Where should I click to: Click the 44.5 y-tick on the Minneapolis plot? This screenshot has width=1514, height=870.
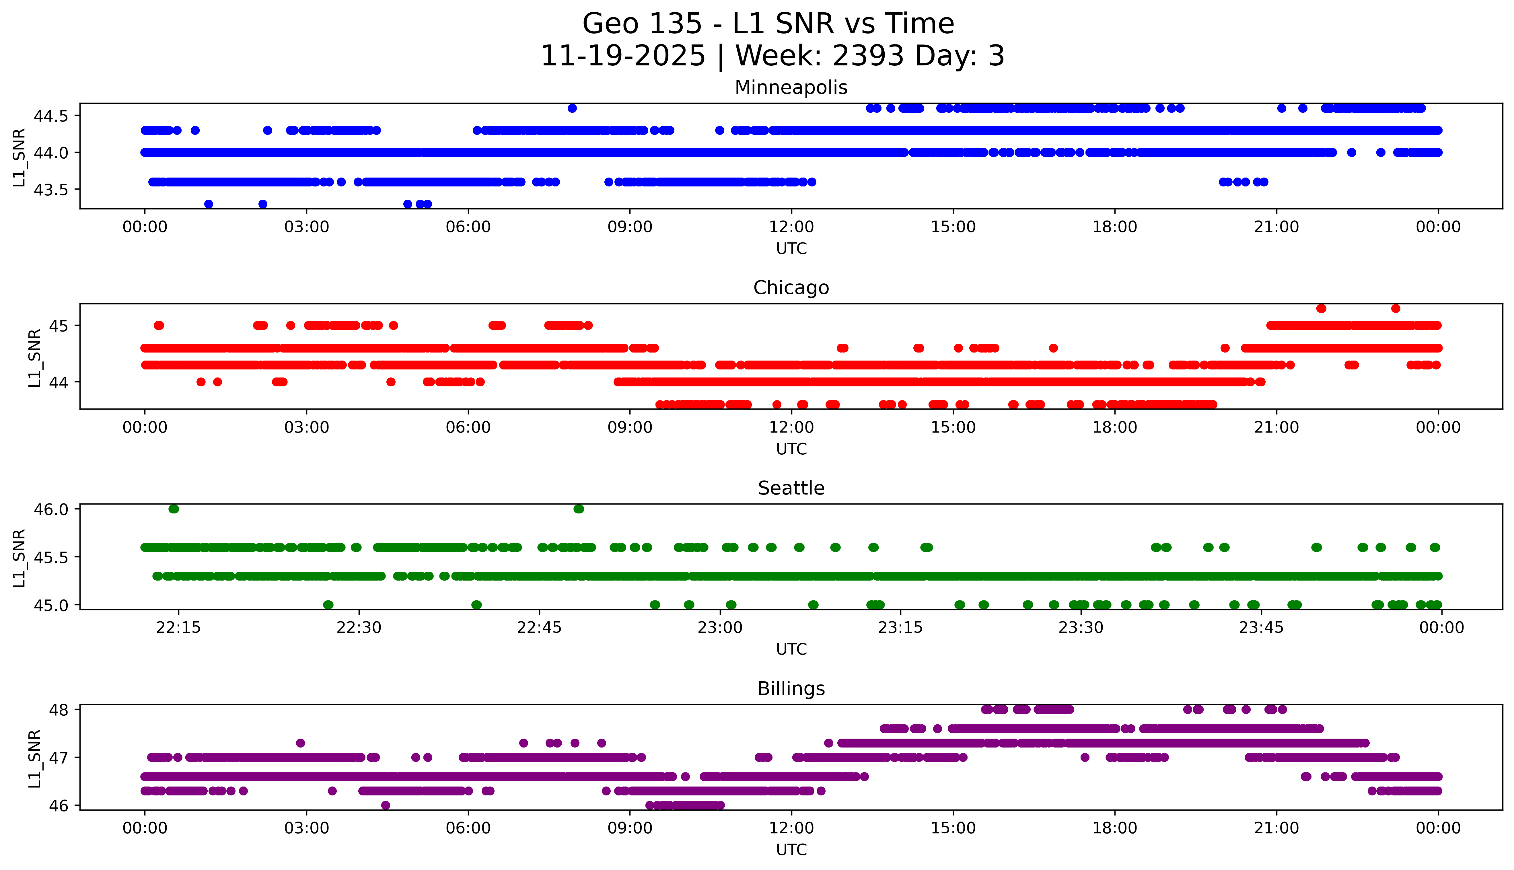point(51,116)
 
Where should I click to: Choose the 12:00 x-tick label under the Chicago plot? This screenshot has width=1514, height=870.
point(791,428)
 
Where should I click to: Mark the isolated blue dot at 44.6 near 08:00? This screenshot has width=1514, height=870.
point(572,108)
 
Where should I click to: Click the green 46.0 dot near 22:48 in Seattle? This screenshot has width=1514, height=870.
point(578,509)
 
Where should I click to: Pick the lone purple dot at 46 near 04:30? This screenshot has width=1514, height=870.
point(385,805)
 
